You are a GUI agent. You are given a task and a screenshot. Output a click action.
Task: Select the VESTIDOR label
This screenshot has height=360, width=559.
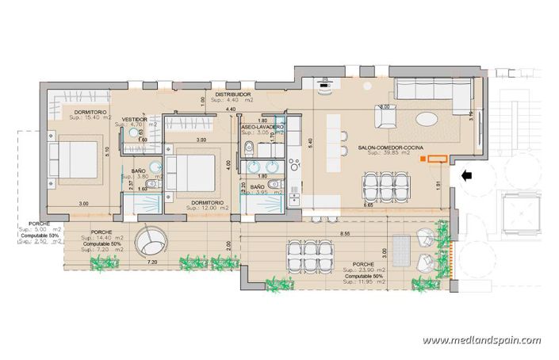(x=135, y=119)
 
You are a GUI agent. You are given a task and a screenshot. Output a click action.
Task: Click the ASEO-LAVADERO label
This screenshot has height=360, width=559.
(x=262, y=127)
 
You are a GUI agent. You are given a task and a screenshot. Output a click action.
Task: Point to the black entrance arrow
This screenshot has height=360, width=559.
(x=468, y=174)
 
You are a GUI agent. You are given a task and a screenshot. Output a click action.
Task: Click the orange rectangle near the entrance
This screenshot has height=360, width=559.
(x=434, y=159)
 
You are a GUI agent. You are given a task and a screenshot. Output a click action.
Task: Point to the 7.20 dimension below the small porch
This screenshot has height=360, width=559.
(x=153, y=261)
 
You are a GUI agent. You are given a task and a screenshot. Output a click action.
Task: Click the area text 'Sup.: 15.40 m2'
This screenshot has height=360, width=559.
(x=91, y=118)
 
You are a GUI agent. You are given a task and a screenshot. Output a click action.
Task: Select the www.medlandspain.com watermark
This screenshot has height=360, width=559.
(x=481, y=340)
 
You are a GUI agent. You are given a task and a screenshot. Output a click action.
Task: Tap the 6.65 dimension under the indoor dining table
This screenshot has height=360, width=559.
(x=368, y=205)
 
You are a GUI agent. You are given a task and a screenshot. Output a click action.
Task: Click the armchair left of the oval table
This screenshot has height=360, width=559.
(x=388, y=118)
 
